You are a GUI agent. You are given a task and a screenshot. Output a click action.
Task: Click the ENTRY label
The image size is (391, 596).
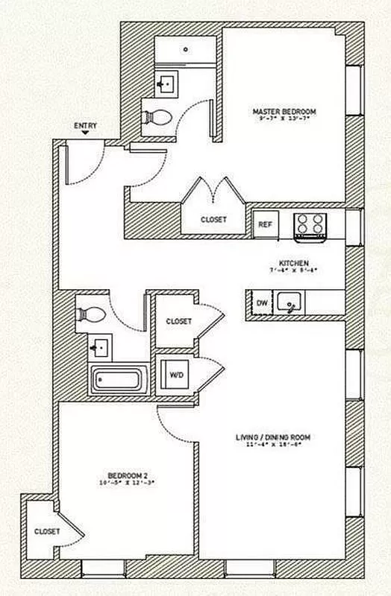pyautogui.click(x=86, y=127)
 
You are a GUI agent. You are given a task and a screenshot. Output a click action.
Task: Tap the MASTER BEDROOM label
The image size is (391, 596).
pyautogui.click(x=284, y=112)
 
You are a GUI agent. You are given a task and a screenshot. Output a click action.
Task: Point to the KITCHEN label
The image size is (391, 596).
pyautogui.click(x=290, y=262)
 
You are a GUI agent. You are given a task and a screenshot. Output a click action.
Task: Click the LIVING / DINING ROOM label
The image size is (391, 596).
pyautogui.click(x=272, y=437)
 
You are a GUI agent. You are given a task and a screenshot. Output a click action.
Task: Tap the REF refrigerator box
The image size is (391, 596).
pyautogui.click(x=264, y=223)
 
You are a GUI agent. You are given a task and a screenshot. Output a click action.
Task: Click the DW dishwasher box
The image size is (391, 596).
pyautogui.click(x=262, y=303)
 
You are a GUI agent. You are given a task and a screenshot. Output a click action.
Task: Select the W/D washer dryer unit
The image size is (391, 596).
pyautogui.click(x=177, y=374)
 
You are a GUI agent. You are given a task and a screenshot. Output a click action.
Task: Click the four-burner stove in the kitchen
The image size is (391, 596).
pyautogui.click(x=310, y=225)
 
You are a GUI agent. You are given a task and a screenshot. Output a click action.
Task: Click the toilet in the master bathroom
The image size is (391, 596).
pyautogui.click(x=158, y=116)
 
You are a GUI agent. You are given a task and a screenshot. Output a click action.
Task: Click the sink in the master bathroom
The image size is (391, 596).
pyautogui.click(x=168, y=83)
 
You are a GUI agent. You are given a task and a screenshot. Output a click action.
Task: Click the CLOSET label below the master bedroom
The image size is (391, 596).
pyautogui.click(x=213, y=220)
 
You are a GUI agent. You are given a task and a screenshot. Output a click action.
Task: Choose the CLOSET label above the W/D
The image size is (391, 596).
pyautogui.click(x=178, y=322)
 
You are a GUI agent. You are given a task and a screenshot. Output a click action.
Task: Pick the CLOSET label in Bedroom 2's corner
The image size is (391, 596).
pyautogui.click(x=46, y=532)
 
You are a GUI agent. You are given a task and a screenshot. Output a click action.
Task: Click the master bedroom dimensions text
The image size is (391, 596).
pyautogui.click(x=284, y=119)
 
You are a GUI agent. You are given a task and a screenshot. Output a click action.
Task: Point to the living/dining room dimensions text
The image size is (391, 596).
pyautogui.click(x=273, y=446)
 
